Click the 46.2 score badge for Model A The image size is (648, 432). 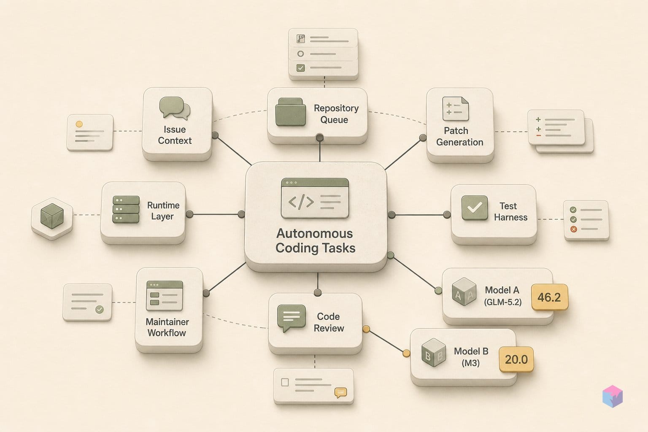(x=550, y=297)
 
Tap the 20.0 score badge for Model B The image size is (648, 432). (x=516, y=359)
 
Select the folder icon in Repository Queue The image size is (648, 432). (x=290, y=112)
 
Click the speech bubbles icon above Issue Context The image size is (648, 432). (x=175, y=108)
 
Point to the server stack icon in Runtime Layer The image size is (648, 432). (x=126, y=210)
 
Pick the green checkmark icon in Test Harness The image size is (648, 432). (x=475, y=208)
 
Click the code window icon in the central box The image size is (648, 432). (x=315, y=198)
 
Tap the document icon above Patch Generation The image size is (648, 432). (x=456, y=109)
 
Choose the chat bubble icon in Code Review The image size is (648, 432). (x=292, y=318)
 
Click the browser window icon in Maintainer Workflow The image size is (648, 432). (x=165, y=296)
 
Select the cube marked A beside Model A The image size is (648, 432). (x=464, y=292)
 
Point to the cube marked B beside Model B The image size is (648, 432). (x=434, y=353)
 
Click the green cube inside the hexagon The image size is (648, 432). (x=52, y=216)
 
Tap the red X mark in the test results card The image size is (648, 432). (x=573, y=229)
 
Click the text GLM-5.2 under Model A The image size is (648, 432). (x=503, y=302)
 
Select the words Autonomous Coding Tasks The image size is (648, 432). (x=315, y=241)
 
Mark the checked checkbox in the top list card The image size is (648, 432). (x=300, y=68)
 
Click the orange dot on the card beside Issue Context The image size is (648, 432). (x=79, y=124)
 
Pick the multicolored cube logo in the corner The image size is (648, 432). (x=613, y=396)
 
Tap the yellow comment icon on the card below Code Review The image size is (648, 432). (x=341, y=393)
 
